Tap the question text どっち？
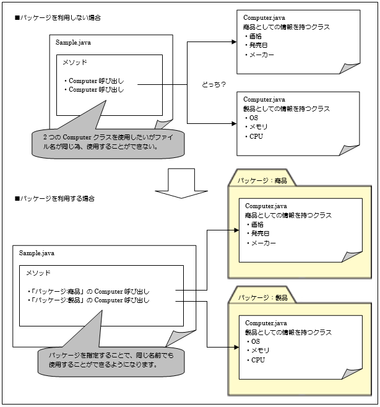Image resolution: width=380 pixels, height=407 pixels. (x=214, y=84)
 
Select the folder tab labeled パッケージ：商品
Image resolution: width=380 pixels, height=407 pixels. (x=259, y=181)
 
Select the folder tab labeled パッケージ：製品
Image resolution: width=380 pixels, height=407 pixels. (x=259, y=298)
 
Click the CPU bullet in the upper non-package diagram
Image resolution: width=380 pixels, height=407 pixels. (x=255, y=136)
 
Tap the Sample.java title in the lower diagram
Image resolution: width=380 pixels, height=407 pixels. (x=37, y=253)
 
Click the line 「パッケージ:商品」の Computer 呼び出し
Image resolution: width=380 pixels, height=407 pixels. (x=90, y=291)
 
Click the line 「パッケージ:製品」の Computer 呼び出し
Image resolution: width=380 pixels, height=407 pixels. (x=90, y=300)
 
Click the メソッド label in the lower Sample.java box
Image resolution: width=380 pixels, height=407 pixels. (x=38, y=273)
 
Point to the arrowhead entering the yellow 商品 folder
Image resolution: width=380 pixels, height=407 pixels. (x=235, y=230)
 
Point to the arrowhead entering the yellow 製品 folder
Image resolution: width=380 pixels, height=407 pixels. (x=235, y=348)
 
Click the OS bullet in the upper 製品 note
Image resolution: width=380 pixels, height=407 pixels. (x=254, y=118)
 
